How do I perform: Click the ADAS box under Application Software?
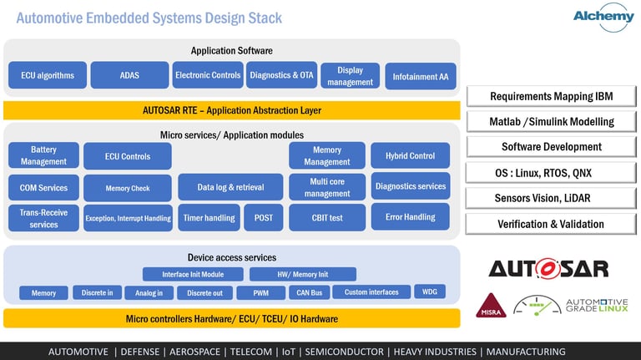[x=129, y=75]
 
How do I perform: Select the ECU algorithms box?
[x=48, y=75]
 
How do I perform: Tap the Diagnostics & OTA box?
[x=281, y=75]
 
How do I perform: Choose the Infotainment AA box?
[x=421, y=76]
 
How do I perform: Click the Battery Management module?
[x=43, y=155]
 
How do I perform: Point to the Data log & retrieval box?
[x=230, y=187]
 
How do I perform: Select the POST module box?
[x=264, y=218]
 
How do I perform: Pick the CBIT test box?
[x=327, y=218]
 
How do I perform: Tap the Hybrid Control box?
[x=411, y=155]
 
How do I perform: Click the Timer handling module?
[x=209, y=218]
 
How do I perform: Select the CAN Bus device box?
[x=310, y=293]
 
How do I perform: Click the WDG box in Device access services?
[x=430, y=292]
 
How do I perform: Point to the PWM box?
[x=260, y=293]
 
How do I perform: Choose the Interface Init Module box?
[x=193, y=275]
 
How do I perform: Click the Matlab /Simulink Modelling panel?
[x=552, y=121]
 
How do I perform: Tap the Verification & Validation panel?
[x=551, y=224]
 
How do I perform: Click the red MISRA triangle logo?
[x=491, y=306]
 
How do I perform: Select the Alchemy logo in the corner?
[x=603, y=17]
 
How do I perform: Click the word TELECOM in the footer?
[x=251, y=352]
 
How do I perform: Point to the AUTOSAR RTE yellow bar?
[x=232, y=110]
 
